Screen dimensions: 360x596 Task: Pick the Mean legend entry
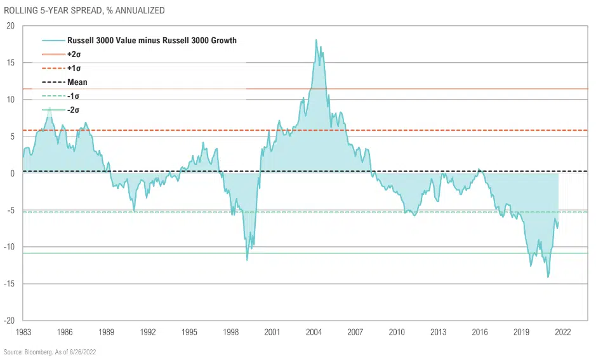(77, 83)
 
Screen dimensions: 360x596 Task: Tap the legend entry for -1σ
(72, 97)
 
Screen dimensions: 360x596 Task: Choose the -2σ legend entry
(72, 110)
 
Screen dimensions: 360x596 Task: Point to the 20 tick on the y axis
(10, 26)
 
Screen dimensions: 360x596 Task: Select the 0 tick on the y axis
(12, 173)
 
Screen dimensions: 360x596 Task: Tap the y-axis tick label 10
(10, 100)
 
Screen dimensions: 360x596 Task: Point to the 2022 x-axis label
(562, 332)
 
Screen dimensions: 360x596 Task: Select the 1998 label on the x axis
(230, 332)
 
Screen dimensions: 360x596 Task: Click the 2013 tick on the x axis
(438, 332)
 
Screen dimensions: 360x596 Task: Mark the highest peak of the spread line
(316, 40)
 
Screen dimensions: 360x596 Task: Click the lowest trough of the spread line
(548, 277)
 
